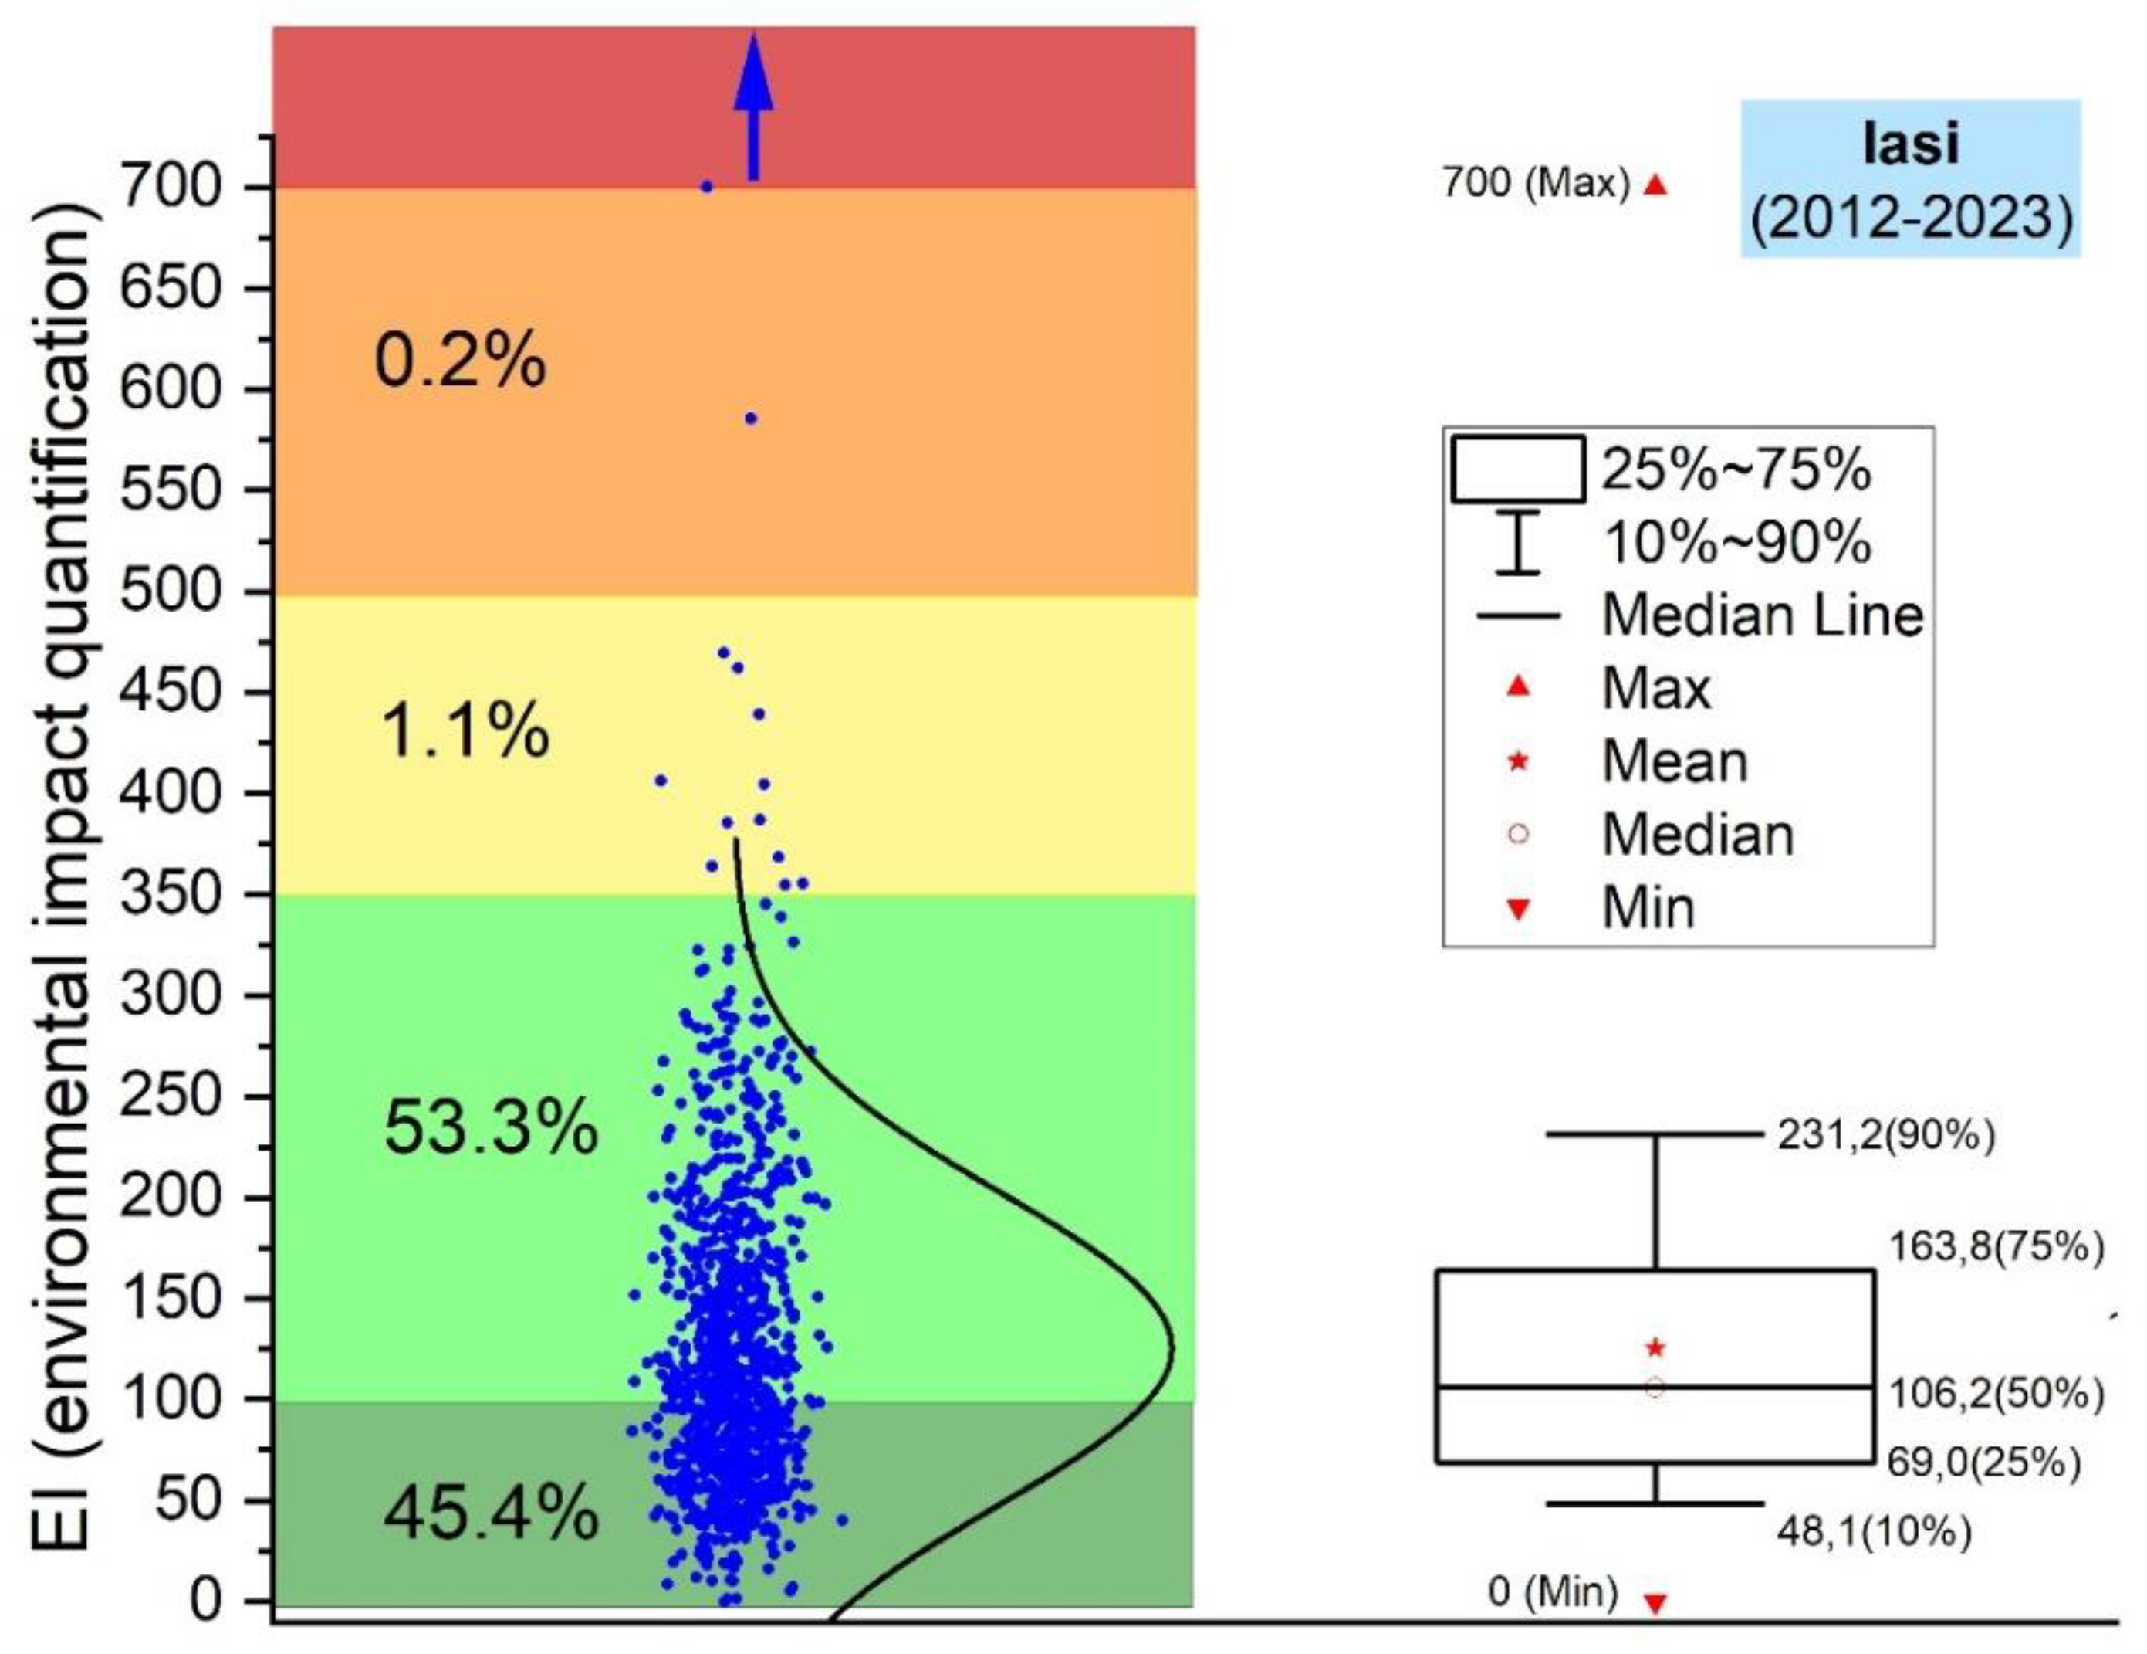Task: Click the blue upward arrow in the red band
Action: click(754, 108)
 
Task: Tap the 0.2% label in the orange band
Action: click(460, 361)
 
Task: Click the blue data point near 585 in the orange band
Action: click(751, 419)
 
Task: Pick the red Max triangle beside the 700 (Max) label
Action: click(1656, 185)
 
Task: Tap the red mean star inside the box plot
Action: click(1655, 1348)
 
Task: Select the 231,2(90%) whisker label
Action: click(1885, 1136)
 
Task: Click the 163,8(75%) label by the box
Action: click(1997, 1247)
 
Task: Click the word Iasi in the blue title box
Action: click(1911, 144)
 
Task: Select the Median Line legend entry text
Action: click(1763, 616)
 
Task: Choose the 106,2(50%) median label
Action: click(1997, 1395)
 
